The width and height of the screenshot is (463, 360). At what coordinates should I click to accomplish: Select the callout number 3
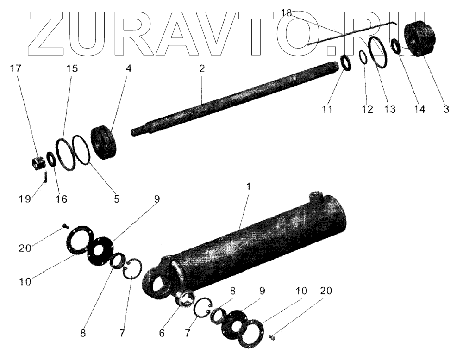pos(445,110)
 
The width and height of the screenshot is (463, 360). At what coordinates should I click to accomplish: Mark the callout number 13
pos(389,110)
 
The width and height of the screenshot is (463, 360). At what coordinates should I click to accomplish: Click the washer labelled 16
pos(52,160)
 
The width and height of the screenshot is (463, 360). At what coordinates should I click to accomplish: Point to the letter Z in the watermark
pos(46,30)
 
